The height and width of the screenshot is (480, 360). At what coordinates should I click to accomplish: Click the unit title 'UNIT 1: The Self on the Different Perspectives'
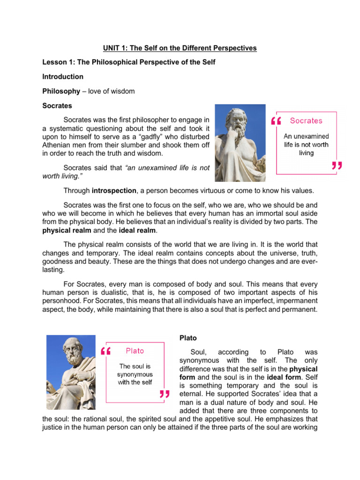180,48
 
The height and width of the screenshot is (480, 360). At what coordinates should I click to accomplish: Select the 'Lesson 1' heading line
129,62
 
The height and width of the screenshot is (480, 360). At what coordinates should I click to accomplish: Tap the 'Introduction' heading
63,76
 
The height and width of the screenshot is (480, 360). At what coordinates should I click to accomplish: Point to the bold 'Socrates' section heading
57,105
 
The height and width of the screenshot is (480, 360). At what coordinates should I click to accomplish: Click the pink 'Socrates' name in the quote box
306,121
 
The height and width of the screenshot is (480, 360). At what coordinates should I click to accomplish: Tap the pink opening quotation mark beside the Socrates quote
276,121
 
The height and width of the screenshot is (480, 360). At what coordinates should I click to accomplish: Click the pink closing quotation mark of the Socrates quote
336,166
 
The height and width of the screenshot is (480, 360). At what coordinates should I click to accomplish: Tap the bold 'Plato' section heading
188,337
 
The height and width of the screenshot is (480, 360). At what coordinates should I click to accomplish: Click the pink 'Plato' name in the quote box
135,351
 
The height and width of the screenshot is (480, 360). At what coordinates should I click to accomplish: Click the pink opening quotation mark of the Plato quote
105,351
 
